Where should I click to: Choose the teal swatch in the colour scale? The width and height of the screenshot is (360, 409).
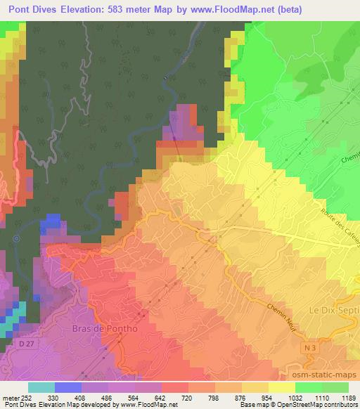[41, 388]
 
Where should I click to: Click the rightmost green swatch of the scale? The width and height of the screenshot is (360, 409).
[335, 388]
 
